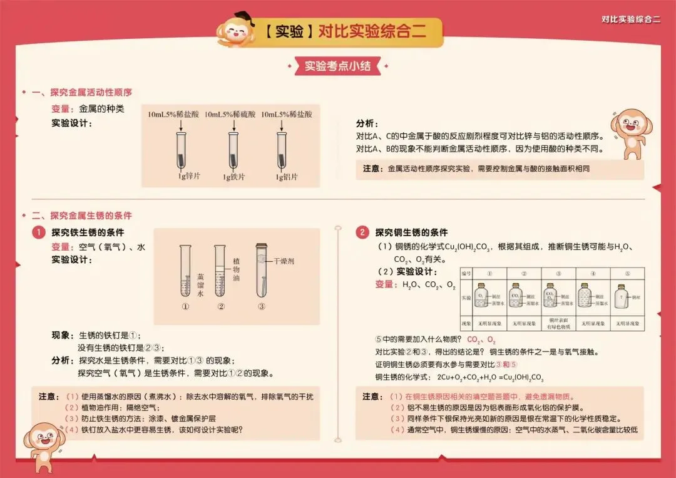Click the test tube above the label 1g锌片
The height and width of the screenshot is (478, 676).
coord(181,150)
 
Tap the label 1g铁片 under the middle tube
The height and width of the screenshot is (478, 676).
coord(234,177)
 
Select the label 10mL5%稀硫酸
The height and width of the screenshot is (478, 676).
coord(230,115)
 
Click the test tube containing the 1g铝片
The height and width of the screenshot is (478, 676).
coord(282,150)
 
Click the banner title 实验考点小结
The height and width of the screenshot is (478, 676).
coord(337,66)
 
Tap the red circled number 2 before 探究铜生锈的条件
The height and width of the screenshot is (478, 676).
coord(362,232)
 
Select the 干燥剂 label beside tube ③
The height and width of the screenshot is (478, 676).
coord(282,261)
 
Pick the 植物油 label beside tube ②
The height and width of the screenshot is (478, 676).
coord(236,269)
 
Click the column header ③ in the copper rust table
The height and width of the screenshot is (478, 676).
coord(558,273)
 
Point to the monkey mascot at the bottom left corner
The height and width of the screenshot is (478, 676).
coord(44,442)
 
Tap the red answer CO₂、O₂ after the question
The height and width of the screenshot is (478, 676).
coord(481,340)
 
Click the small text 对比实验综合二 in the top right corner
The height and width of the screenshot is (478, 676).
coord(630,19)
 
